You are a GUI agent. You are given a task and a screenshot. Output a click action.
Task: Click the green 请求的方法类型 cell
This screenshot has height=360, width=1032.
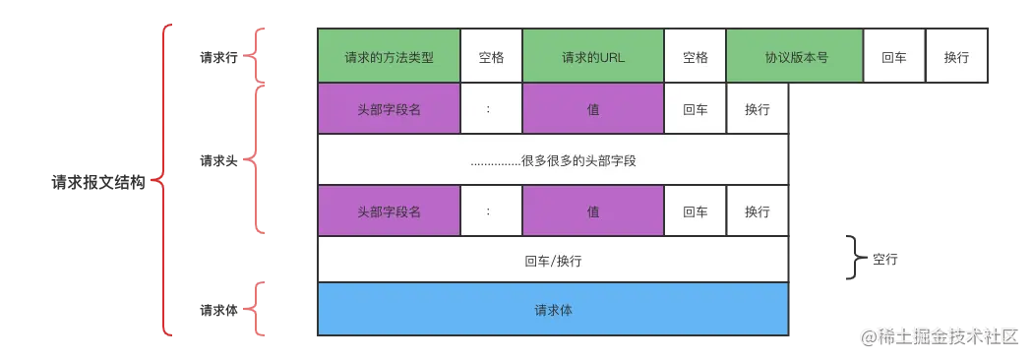tap(389, 57)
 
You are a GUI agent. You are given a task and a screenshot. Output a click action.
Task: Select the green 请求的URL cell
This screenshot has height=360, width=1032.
tap(593, 57)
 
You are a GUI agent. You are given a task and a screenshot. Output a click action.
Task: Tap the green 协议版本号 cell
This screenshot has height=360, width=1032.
tap(795, 57)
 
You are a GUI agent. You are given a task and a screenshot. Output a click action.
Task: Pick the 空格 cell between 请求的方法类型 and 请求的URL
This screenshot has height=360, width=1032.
tap(491, 57)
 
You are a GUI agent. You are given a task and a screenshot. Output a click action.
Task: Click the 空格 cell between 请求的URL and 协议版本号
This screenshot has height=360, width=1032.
tap(695, 57)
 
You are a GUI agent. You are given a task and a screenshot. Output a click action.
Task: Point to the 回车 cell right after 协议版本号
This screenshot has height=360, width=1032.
tap(894, 57)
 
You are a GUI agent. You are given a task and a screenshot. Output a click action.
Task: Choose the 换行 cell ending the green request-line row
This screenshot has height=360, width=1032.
tap(956, 57)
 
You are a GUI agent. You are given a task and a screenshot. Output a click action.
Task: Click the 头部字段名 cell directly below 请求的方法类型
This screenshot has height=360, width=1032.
tap(389, 109)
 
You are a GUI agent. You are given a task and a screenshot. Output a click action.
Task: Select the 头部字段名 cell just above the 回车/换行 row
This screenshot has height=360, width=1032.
tap(389, 211)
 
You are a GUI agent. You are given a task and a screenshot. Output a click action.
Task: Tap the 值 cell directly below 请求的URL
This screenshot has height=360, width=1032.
tap(593, 109)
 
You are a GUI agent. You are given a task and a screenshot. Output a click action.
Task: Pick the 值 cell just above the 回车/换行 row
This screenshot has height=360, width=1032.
tap(593, 211)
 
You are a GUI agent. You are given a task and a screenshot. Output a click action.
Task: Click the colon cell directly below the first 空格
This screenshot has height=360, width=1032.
tap(491, 109)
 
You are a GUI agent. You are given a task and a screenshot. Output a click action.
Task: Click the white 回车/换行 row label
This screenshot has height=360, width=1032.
tap(553, 262)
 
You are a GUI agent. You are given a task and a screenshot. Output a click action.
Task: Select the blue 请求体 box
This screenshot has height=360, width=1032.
tap(553, 310)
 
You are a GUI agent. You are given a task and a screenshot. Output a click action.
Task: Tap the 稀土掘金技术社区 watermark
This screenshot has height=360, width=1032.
tap(940, 335)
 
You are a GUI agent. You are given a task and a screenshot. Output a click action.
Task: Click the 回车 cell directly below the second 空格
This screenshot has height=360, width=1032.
tap(695, 109)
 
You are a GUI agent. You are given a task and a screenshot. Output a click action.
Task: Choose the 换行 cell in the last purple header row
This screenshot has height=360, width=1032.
tap(757, 211)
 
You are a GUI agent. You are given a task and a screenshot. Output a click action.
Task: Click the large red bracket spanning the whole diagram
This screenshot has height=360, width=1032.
tap(164, 182)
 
